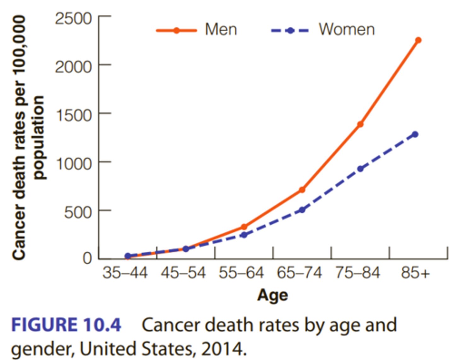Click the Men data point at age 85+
coord(418,40)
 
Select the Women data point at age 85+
coord(415,134)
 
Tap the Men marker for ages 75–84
coord(360,124)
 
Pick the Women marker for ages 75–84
coord(360,169)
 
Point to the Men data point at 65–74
coord(302,190)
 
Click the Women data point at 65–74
coord(302,210)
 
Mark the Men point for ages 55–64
coord(244,227)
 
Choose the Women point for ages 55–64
coord(244,235)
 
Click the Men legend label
coord(221,30)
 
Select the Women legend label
coord(346,30)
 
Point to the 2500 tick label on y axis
coord(73,19)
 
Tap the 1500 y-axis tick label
coord(73,116)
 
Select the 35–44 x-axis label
coord(125,273)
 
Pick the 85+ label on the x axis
coord(415,273)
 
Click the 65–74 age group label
coord(299,273)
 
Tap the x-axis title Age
coord(273,295)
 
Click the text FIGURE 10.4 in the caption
coord(66,325)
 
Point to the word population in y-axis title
coord(39,138)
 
